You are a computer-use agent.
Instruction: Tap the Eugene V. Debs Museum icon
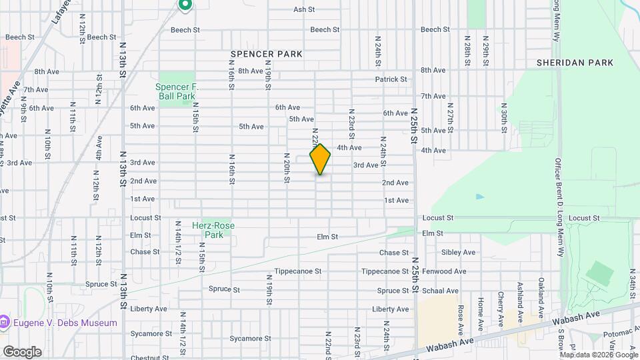[x=5, y=323]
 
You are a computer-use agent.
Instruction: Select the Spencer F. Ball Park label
[x=177, y=91]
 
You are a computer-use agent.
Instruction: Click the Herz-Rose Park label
[x=219, y=230]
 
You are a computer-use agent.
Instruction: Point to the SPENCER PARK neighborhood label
[x=267, y=53]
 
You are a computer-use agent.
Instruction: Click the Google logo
[x=22, y=351]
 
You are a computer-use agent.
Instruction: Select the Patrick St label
[x=391, y=79]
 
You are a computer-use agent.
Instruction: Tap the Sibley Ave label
[x=459, y=253]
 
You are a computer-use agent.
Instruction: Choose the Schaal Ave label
[x=443, y=291]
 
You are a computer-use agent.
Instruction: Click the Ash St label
[x=304, y=10]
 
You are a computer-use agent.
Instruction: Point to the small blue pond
[x=480, y=197]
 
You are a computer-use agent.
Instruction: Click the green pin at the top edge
[x=185, y=5]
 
